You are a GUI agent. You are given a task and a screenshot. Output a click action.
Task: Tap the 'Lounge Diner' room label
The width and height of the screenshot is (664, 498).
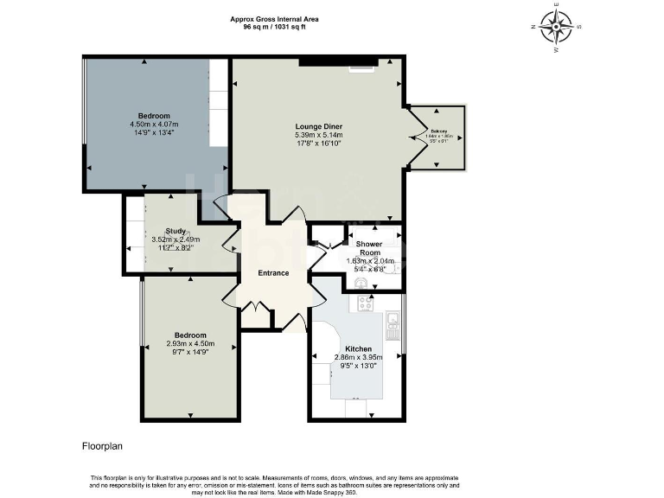pyautogui.click(x=319, y=126)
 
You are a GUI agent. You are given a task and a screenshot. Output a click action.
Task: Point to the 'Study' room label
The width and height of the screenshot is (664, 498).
pyautogui.click(x=176, y=231)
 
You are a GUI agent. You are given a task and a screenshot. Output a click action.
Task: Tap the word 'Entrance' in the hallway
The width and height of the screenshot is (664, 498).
pyautogui.click(x=273, y=274)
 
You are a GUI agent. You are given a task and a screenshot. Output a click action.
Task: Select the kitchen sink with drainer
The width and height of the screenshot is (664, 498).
pyautogui.click(x=393, y=327)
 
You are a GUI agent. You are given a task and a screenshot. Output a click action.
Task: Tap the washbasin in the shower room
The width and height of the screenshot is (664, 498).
pyautogui.click(x=361, y=281)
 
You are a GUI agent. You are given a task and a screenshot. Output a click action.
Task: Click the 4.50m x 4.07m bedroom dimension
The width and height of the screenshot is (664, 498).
pyautogui.click(x=154, y=124)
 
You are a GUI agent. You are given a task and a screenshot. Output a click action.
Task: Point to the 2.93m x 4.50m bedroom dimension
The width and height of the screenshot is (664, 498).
pyautogui.click(x=190, y=343)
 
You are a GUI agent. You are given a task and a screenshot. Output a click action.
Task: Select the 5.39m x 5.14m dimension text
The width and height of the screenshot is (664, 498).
pyautogui.click(x=319, y=136)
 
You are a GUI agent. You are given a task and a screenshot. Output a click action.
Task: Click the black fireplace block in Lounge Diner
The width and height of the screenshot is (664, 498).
pyautogui.click(x=338, y=62)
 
